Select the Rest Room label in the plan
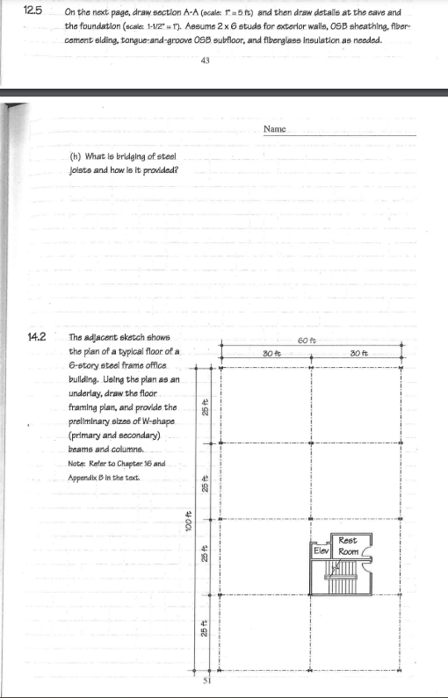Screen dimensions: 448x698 point(348,545)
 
